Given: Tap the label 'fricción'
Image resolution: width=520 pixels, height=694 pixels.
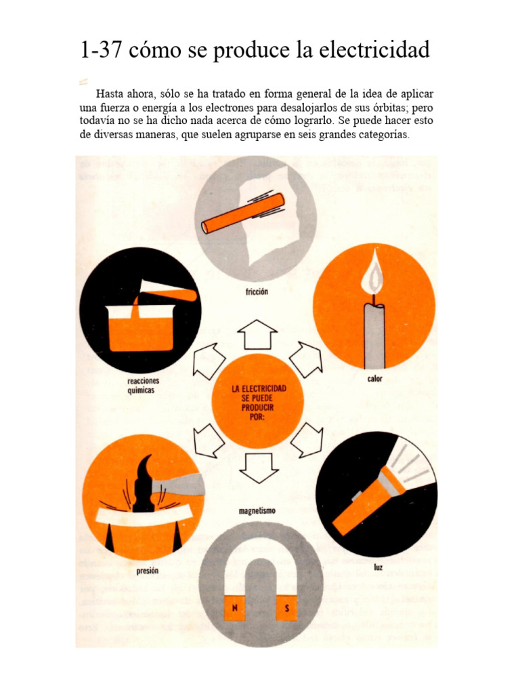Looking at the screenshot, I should point(257,292).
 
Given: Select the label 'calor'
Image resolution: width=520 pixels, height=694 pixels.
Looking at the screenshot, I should point(374,379).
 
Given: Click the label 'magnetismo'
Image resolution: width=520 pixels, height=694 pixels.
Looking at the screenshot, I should point(257,510).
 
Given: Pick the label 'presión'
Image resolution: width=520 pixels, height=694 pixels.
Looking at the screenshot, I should point(147,571).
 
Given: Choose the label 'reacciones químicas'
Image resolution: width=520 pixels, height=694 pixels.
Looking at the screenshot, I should point(143,386).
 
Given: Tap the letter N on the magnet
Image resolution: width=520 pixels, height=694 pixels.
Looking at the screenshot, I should point(234,609).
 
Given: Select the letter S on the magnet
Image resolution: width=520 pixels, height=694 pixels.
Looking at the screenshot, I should point(286,609).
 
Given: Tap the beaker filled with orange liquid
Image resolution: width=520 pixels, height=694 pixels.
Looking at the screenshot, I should point(140,328).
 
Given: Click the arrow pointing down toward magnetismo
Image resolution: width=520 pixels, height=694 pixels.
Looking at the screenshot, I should point(258,468).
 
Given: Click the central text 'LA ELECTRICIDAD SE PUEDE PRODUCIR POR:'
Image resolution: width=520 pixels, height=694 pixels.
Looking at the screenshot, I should point(258,401).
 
